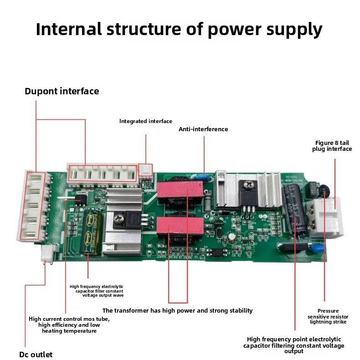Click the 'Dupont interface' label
click(x=62, y=91)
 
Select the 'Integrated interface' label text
click(x=146, y=121)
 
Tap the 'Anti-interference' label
click(x=203, y=129)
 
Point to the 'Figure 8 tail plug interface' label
click(x=332, y=146)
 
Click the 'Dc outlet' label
click(x=36, y=355)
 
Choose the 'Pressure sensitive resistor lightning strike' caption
click(x=328, y=316)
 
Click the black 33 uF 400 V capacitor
click(x=295, y=211)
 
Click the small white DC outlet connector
click(x=47, y=254)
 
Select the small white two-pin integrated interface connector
click(x=146, y=170)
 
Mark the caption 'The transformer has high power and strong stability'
click(x=177, y=311)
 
